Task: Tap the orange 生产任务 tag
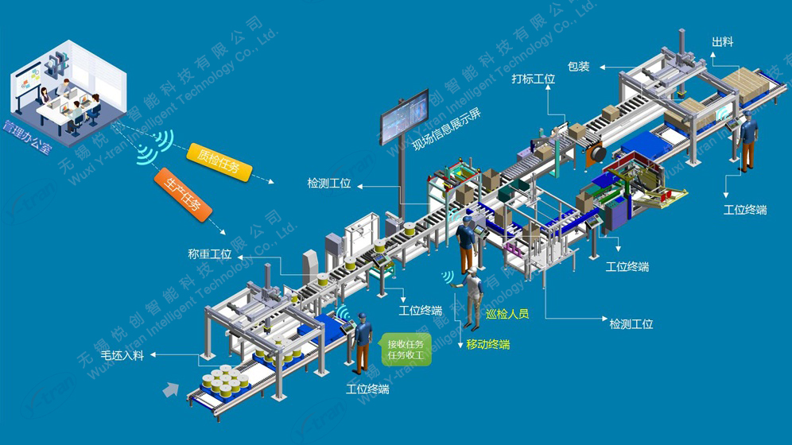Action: [x=183, y=195]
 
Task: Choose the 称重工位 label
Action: [x=210, y=254]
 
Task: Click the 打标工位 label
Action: [x=533, y=79]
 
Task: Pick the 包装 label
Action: [x=579, y=67]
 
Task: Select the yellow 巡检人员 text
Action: [x=507, y=314]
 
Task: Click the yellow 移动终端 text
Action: [x=488, y=344]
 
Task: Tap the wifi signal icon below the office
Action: [x=154, y=149]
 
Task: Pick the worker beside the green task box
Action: [x=363, y=340]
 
